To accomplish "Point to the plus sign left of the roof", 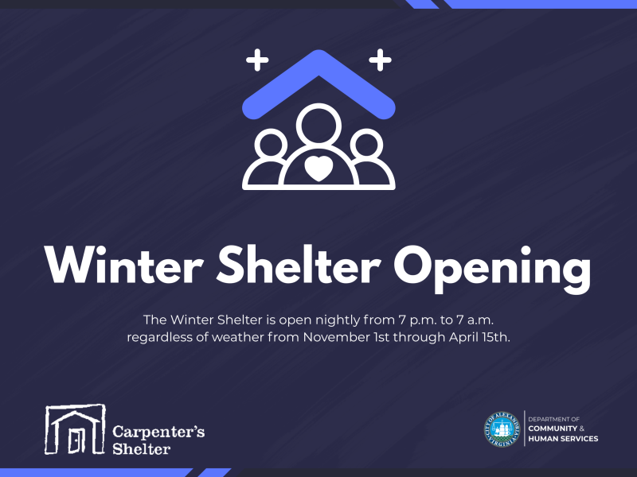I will (x=256, y=59).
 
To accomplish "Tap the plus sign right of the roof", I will (x=381, y=59).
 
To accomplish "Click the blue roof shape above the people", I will (x=318, y=79).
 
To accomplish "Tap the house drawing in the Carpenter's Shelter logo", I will (x=75, y=429).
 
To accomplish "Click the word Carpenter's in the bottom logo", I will (x=158, y=431).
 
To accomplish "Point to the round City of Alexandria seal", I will (x=503, y=429).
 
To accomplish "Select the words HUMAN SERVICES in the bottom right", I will (x=564, y=439).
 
